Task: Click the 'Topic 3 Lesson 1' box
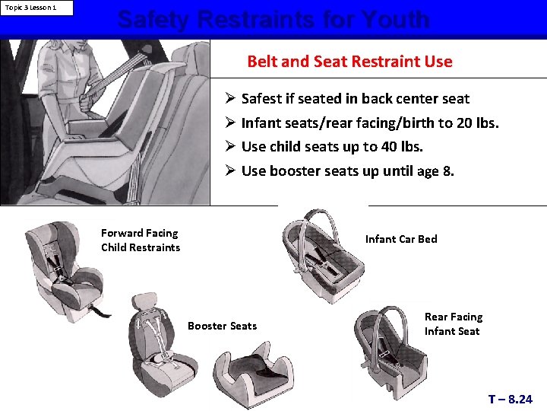[37, 8]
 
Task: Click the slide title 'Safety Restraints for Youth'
[273, 20]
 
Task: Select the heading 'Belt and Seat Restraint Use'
[349, 62]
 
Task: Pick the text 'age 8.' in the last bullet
[436, 171]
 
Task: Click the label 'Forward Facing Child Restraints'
[141, 241]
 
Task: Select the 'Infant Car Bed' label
[401, 239]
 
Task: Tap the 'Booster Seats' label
[222, 326]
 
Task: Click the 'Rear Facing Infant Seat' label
[453, 323]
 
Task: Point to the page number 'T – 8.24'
[510, 399]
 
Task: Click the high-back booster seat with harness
[156, 346]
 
